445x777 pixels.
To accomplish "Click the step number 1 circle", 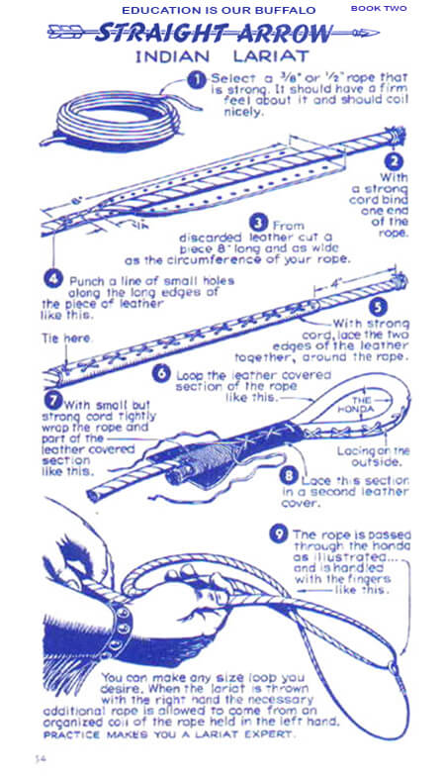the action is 197,79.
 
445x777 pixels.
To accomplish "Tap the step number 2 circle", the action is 394,161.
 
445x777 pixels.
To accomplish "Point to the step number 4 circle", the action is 53,279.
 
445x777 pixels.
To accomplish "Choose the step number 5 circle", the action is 378,307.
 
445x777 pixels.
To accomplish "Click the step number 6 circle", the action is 161,373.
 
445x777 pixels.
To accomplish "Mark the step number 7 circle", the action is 53,399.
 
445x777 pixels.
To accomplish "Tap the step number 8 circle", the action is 289,476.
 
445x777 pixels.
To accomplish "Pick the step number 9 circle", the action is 279,534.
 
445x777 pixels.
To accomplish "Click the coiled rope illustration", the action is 119,121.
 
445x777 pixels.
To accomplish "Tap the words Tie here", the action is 66,338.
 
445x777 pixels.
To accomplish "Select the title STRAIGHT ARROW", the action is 213,34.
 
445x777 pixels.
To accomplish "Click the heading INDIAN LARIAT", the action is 222,56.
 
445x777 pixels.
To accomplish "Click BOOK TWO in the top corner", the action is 379,8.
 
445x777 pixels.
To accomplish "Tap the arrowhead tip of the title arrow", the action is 378,34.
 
